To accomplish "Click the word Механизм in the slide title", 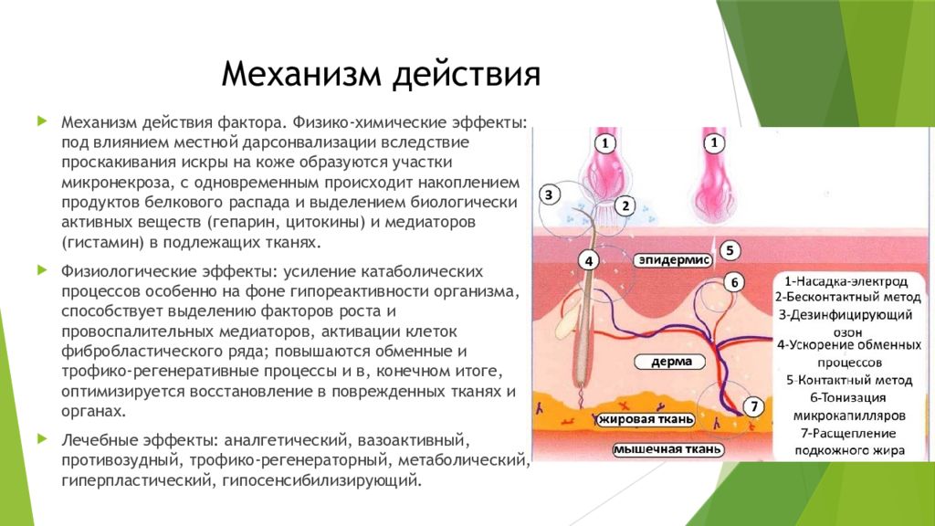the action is tap(301, 74).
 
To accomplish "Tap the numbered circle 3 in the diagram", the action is tap(549, 195).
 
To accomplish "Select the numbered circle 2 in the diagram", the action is tap(625, 205).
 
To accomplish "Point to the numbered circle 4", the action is tap(589, 260).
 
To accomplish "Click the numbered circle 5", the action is tap(730, 250).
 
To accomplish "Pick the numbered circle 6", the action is tap(734, 282).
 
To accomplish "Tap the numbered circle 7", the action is tap(753, 406).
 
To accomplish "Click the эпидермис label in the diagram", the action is tap(674, 260).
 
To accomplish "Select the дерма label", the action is tap(671, 362).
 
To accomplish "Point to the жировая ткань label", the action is tap(646, 419).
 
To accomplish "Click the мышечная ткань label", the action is tap(667, 449).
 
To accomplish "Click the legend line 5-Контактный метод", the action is tap(849, 381).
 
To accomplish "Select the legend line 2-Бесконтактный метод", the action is tap(847, 297).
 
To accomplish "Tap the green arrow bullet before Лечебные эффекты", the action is tap(42, 439).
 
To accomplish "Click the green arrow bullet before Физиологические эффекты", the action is tap(42, 269).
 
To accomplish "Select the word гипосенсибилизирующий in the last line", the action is tap(321, 480).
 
